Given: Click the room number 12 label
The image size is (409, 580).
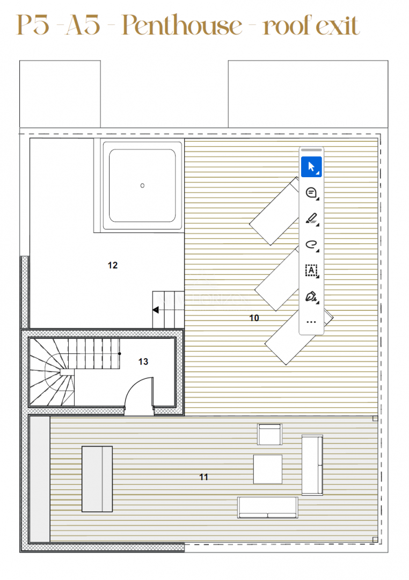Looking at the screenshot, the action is [x=112, y=265].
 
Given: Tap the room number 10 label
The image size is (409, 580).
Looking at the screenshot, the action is [x=254, y=318].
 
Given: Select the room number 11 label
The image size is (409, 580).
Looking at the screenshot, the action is [x=204, y=477].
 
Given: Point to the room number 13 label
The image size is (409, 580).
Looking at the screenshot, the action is [x=143, y=361].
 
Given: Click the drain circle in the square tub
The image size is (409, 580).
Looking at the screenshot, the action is [x=142, y=186].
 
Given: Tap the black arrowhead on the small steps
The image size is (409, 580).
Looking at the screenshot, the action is [x=156, y=310].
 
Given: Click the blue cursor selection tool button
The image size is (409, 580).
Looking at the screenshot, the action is [x=311, y=167].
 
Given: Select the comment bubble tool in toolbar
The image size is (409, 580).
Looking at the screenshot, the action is [x=311, y=193].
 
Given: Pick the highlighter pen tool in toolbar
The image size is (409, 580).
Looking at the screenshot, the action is [x=311, y=219].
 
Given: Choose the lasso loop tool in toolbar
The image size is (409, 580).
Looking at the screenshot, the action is [x=311, y=244].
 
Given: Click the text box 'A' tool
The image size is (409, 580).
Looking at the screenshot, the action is [x=311, y=270].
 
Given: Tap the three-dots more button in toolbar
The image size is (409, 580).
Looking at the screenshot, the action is [x=311, y=322].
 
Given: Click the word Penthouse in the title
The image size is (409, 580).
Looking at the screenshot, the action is [x=182, y=25].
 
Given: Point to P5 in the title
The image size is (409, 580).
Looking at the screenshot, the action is [x=33, y=25].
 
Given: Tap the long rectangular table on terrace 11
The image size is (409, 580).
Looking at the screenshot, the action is [x=97, y=479].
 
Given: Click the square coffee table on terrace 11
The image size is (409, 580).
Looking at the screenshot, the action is [x=268, y=469].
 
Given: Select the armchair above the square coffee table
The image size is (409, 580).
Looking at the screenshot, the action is [x=269, y=434].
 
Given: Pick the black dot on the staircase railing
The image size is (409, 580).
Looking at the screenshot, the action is [x=120, y=353].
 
